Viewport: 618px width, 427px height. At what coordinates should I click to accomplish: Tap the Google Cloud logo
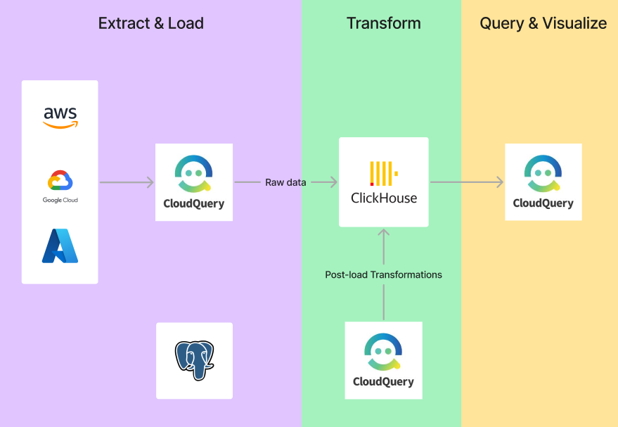click(60, 186)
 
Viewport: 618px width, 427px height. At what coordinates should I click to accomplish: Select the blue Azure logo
click(60, 246)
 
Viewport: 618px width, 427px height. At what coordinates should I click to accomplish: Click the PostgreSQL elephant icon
click(194, 360)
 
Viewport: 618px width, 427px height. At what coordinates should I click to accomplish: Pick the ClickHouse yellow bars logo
click(384, 174)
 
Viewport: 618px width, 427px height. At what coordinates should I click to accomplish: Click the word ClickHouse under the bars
click(384, 198)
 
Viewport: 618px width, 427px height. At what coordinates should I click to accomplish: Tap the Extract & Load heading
click(151, 23)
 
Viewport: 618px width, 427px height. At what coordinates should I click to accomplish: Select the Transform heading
click(383, 23)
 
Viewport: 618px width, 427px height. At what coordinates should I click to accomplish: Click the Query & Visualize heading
click(543, 23)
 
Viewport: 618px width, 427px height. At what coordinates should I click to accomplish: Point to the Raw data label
click(285, 182)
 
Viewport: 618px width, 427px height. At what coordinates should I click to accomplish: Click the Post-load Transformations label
click(383, 274)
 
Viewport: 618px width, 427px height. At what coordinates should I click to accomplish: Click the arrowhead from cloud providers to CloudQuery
click(150, 182)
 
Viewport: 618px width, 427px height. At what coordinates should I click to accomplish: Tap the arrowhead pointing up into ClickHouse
click(383, 232)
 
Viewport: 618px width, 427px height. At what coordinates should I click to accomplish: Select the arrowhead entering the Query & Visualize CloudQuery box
click(500, 182)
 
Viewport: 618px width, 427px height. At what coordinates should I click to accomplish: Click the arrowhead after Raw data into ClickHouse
click(334, 182)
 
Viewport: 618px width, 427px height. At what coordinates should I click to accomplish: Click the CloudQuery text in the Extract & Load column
click(194, 203)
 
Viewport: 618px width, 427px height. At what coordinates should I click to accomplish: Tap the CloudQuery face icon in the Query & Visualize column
click(543, 174)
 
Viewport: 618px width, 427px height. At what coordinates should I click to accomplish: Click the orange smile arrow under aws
click(60, 125)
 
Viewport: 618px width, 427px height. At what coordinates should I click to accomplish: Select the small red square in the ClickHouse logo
click(372, 184)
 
